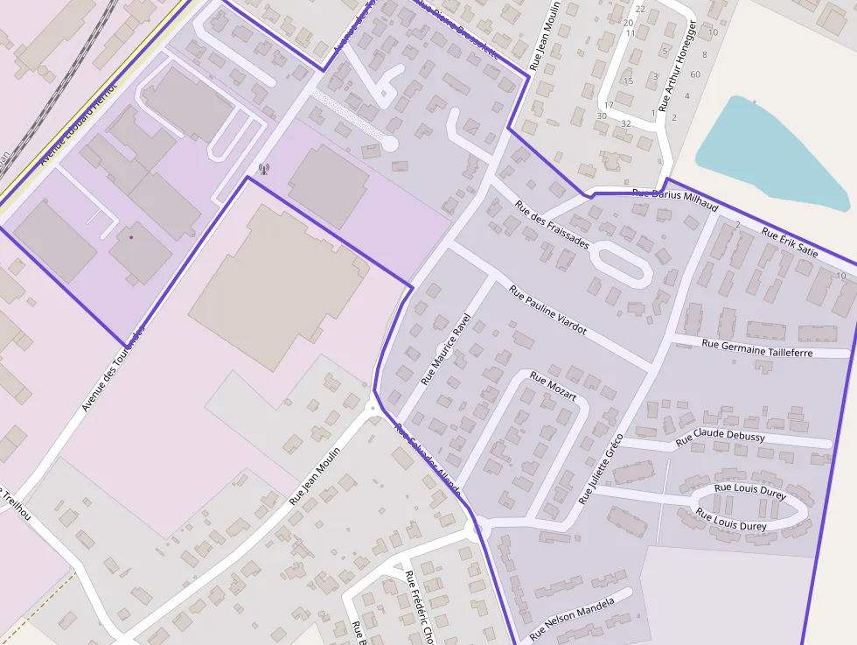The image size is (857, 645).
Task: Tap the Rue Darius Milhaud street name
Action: coord(674,200)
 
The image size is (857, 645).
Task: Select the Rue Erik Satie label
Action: coord(789,243)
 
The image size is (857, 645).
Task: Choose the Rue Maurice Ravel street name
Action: coord(446,349)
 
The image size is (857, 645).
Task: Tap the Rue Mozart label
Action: coord(554,388)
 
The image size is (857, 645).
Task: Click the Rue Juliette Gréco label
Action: coord(601,468)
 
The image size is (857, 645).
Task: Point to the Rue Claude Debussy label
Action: coord(721,437)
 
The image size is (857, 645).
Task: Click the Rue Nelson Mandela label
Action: coord(572,618)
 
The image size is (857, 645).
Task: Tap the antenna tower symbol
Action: coord(263,168)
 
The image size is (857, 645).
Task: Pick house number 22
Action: coord(640,9)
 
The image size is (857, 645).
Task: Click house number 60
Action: coord(695,74)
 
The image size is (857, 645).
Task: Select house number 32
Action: coord(625,123)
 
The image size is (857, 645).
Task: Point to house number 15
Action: coord(628,81)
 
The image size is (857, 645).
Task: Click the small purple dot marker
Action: coord(131,236)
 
